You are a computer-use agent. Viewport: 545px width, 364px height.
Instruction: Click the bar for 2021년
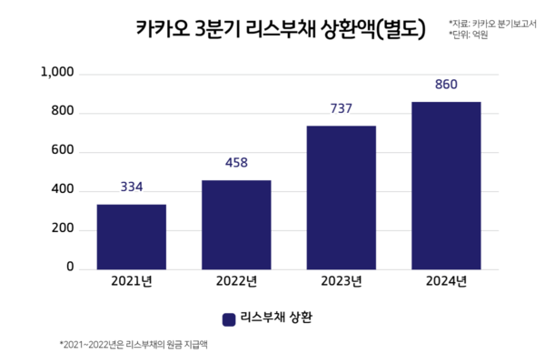[131, 237]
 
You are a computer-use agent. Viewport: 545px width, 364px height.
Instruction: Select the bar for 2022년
[236, 225]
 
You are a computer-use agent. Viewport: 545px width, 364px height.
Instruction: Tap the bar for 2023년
[341, 197]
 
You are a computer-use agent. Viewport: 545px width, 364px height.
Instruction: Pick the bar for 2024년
[446, 186]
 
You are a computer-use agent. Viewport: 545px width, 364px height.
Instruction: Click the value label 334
[131, 187]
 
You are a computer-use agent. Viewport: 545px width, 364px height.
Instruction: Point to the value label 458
[236, 163]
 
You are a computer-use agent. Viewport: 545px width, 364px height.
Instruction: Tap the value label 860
[446, 85]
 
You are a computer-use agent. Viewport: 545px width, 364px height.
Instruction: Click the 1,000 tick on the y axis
[57, 73]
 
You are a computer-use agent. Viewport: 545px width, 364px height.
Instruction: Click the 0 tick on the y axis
[68, 268]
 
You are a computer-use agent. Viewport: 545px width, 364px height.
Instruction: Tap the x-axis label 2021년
[131, 281]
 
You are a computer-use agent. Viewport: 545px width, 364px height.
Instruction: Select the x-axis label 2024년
[446, 281]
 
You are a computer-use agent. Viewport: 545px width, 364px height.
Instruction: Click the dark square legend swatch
[228, 318]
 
